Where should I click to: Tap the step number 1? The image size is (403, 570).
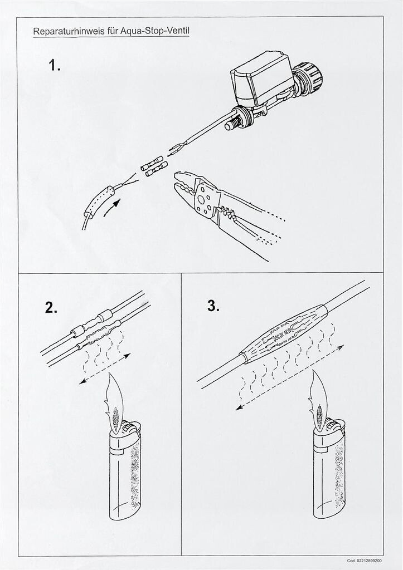[x=55, y=66]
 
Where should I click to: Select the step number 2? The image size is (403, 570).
[x=51, y=307]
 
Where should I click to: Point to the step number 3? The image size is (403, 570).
[x=213, y=306]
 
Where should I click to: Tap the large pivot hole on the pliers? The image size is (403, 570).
[x=200, y=200]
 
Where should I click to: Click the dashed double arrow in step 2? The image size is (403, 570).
[x=105, y=368]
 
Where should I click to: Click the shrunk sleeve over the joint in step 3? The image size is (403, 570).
[x=284, y=334]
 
